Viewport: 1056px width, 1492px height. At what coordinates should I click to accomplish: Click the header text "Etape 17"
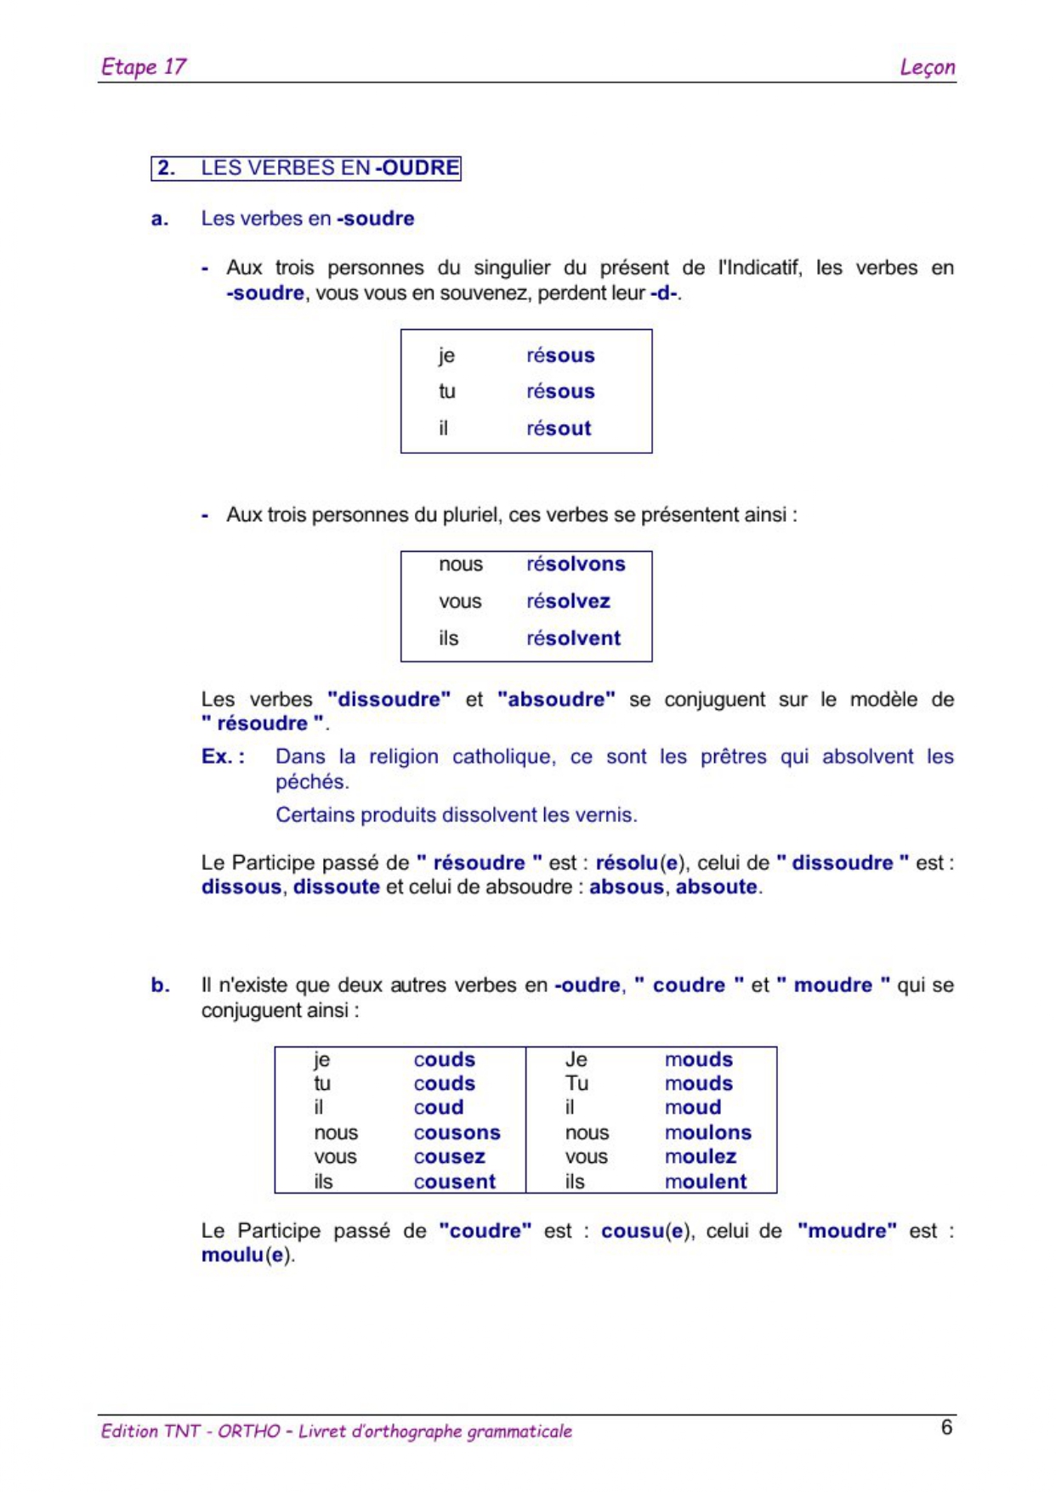pyautogui.click(x=143, y=66)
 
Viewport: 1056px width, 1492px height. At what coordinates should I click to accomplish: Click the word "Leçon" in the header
pyautogui.click(x=927, y=67)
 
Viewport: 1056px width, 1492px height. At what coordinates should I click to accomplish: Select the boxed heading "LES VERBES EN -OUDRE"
pyautogui.click(x=306, y=167)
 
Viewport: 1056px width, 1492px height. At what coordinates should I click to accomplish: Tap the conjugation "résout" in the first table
pyautogui.click(x=558, y=428)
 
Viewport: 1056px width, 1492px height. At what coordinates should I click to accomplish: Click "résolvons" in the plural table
pyautogui.click(x=576, y=564)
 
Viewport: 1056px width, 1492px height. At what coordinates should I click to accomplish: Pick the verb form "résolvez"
pyautogui.click(x=568, y=601)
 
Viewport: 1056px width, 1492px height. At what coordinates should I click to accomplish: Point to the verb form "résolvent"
pyautogui.click(x=573, y=638)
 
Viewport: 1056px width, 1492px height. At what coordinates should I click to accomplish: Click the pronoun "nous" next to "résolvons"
pyautogui.click(x=460, y=564)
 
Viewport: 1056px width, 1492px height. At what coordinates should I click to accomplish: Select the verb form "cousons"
pyautogui.click(x=457, y=1132)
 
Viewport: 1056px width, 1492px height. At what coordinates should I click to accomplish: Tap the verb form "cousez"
pyautogui.click(x=449, y=1156)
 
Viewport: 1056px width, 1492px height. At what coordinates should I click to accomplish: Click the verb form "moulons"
pyautogui.click(x=707, y=1132)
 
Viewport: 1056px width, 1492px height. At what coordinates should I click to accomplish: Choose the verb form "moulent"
pyautogui.click(x=705, y=1181)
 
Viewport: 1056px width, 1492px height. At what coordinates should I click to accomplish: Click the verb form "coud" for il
pyautogui.click(x=438, y=1107)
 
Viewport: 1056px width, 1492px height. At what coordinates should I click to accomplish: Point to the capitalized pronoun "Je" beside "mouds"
pyautogui.click(x=576, y=1059)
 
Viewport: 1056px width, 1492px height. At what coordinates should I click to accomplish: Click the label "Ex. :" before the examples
pyautogui.click(x=223, y=756)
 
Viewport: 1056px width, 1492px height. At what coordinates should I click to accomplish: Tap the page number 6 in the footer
pyautogui.click(x=945, y=1427)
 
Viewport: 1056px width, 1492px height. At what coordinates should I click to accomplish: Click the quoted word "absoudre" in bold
pyautogui.click(x=556, y=699)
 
